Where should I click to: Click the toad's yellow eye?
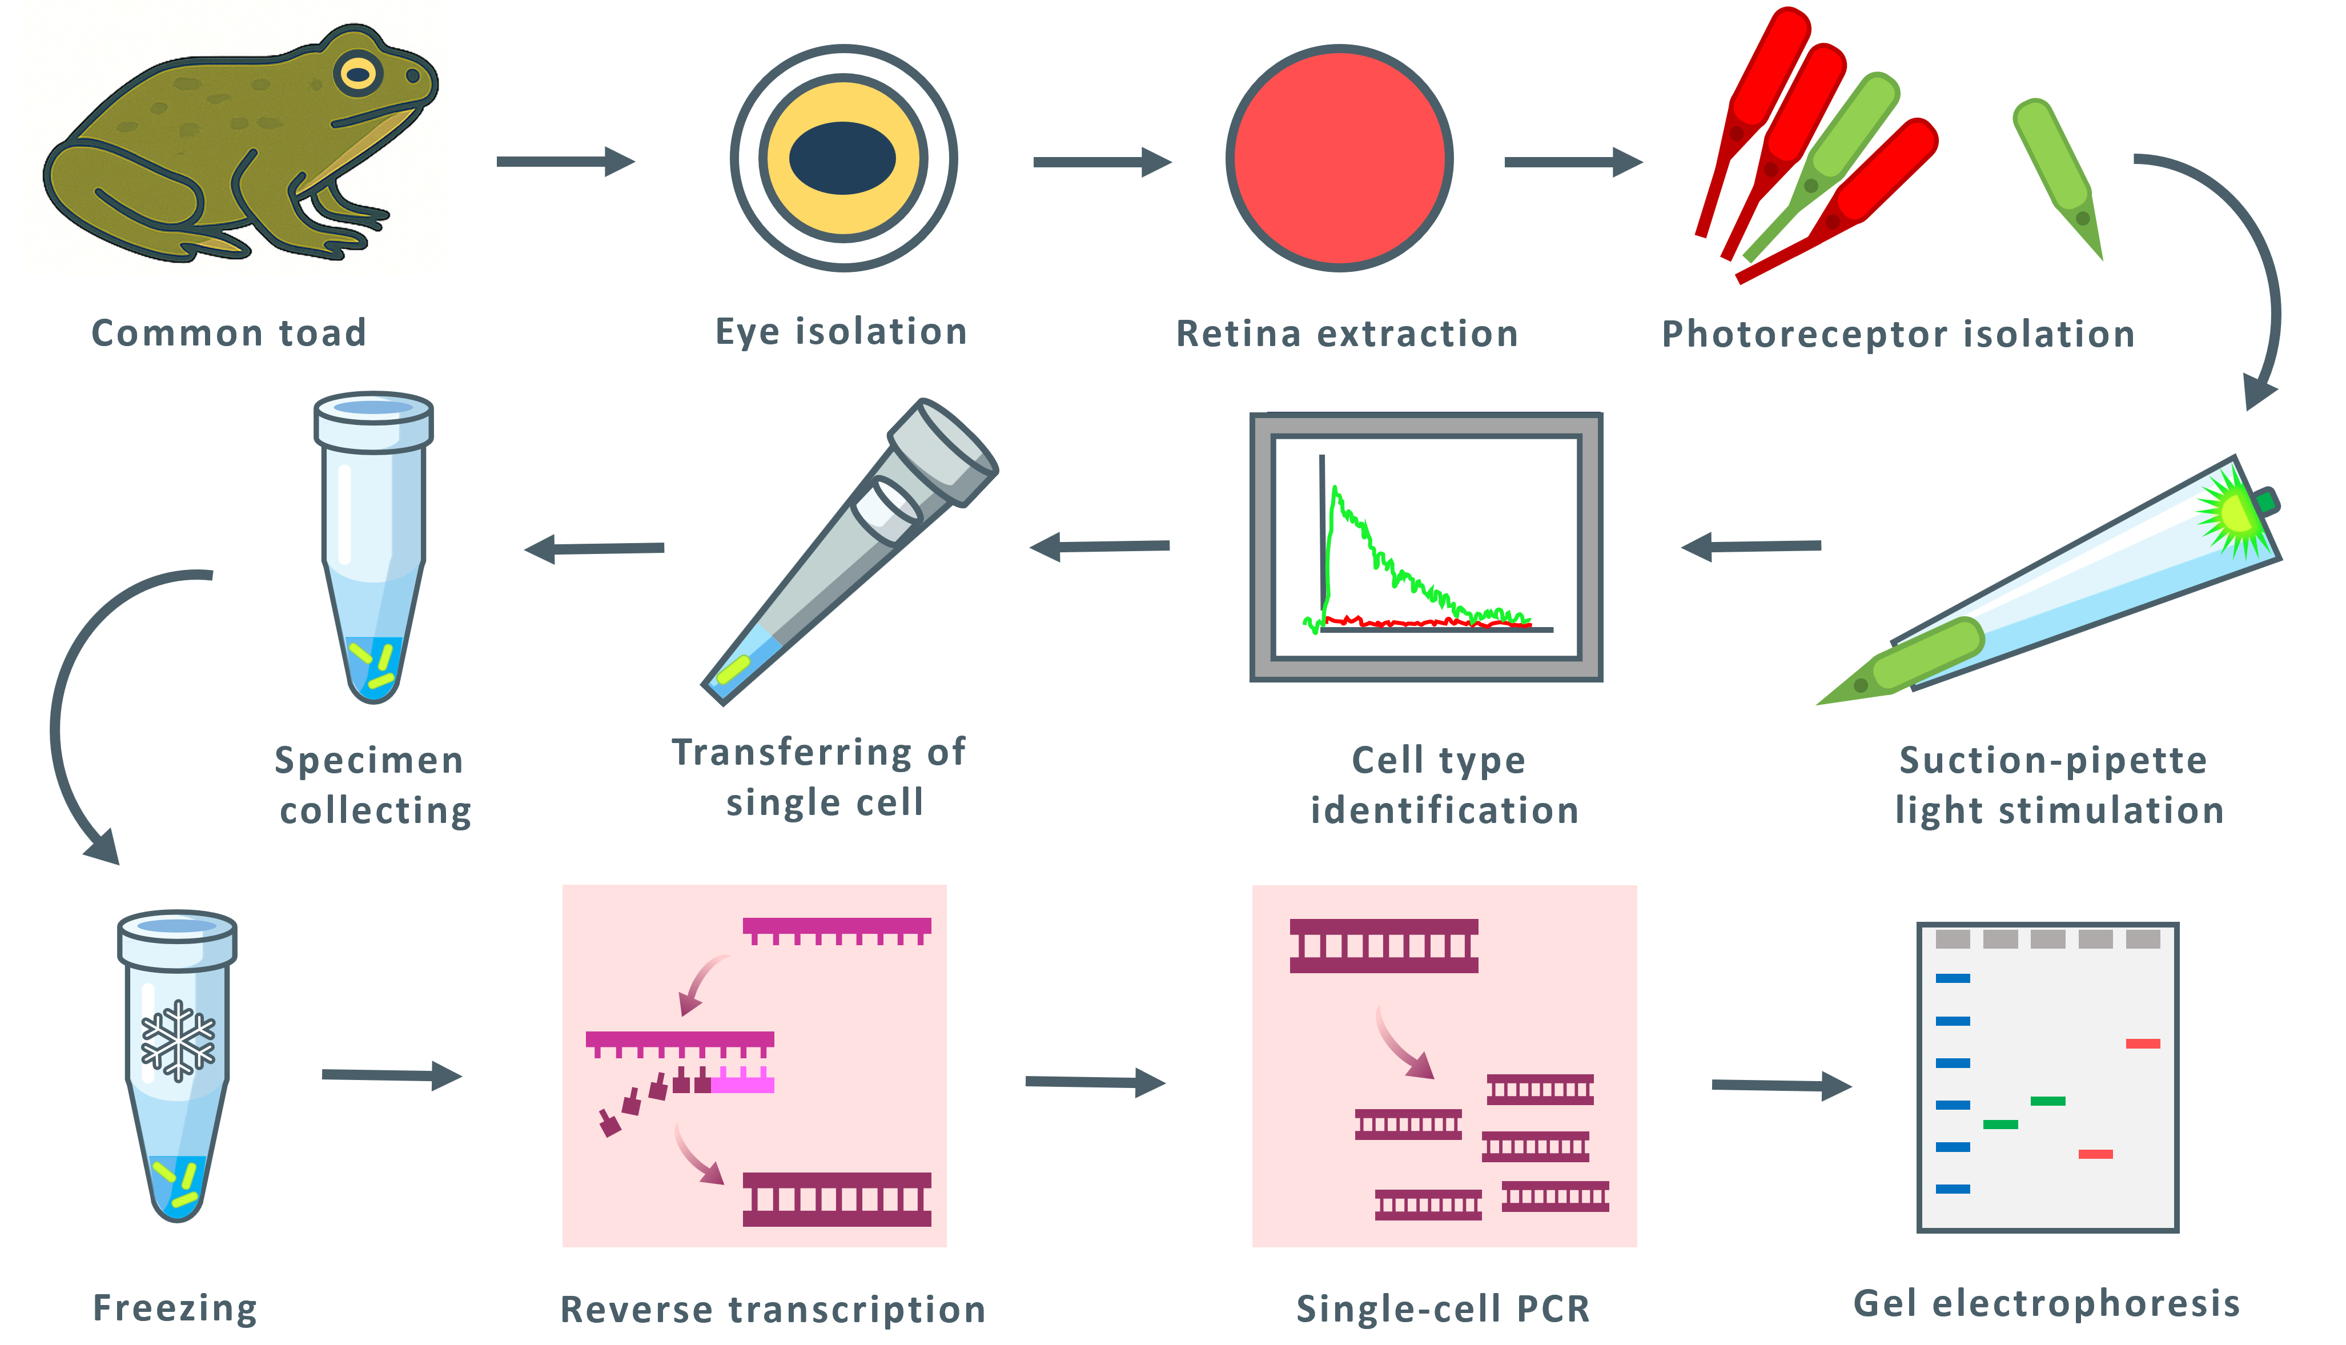(x=359, y=74)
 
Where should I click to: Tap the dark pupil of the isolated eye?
(x=842, y=158)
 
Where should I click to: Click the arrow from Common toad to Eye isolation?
(x=565, y=162)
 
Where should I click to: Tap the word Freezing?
(x=175, y=1308)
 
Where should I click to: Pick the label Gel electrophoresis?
(x=2047, y=1303)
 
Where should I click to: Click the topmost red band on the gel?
(x=2143, y=1044)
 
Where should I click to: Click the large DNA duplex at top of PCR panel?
(x=1384, y=946)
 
